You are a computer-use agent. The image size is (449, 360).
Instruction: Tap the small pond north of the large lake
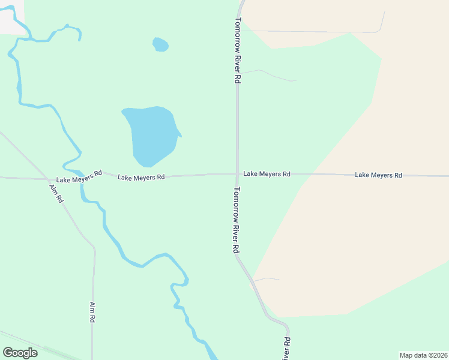tap(160, 44)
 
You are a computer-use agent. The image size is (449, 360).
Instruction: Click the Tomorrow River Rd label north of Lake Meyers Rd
tap(238, 50)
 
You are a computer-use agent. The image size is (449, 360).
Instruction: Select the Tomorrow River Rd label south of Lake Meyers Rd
tap(237, 220)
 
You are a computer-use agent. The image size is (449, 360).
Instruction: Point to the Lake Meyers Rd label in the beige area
tap(378, 175)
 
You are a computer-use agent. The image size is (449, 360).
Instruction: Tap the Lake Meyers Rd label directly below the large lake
tap(141, 178)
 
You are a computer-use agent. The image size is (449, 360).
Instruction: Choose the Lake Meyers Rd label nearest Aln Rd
tap(79, 178)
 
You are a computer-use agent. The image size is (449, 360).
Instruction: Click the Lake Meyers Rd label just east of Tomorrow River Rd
tap(267, 174)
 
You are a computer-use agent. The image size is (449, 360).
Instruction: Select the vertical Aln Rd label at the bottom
tap(92, 313)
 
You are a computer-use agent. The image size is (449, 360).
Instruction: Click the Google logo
tap(20, 353)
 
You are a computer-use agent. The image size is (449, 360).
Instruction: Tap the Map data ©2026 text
tap(423, 355)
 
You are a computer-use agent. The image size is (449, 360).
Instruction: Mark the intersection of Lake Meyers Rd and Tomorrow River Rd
tap(237, 174)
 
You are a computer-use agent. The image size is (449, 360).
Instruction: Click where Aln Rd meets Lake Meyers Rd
tap(49, 179)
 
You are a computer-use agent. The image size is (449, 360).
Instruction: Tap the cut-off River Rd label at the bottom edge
tap(287, 348)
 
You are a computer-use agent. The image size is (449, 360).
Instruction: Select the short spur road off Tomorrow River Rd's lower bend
tap(267, 279)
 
